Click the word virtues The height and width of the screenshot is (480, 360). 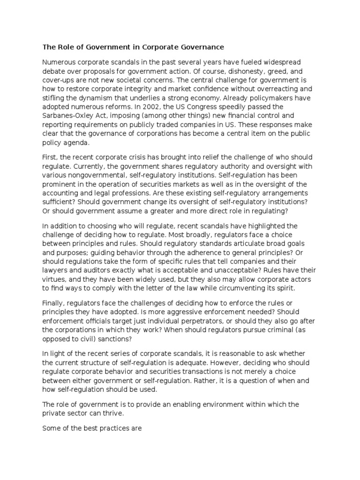(x=54, y=279)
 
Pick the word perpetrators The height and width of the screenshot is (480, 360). (x=198, y=321)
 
